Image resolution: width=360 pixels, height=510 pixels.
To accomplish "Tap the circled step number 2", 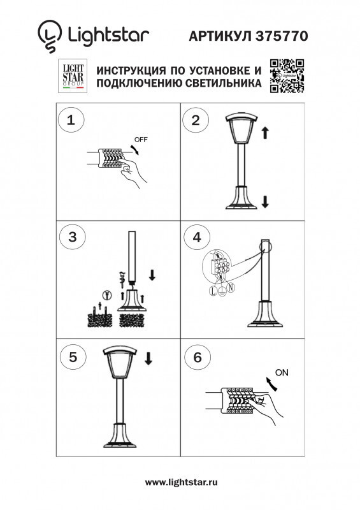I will (196, 119).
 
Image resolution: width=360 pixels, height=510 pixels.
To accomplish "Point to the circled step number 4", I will (196, 237).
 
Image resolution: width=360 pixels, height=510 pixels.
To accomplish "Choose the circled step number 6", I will (196, 358).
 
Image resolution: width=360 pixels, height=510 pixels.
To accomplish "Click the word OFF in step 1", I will (140, 139).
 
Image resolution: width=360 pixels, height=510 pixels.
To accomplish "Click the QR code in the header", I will (287, 76).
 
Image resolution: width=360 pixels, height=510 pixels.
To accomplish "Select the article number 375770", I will (282, 37).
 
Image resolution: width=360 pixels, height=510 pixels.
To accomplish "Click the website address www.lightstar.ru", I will (182, 483).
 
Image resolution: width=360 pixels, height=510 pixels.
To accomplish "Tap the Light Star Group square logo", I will (71, 76).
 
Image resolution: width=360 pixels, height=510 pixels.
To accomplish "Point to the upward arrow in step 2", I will (265, 133).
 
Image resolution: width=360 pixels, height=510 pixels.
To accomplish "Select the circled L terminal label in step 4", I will (212, 291).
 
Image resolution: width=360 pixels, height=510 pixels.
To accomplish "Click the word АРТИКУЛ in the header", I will (219, 37).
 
